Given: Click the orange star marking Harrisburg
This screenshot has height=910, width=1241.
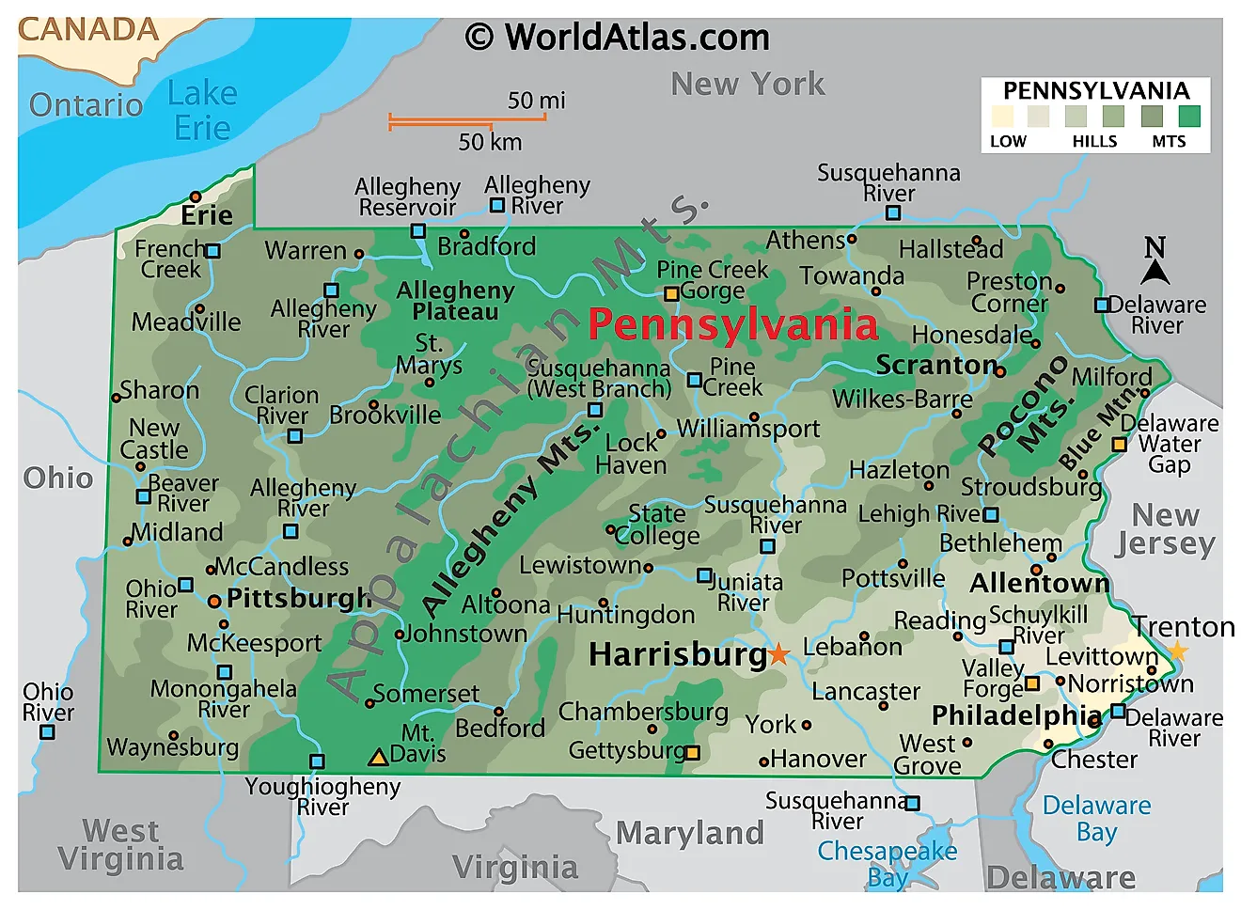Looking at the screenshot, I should click(x=778, y=654).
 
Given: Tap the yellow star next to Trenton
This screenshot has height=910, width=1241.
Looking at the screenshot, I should click(x=1177, y=651).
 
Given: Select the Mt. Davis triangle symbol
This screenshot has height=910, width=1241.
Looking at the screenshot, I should click(x=378, y=757).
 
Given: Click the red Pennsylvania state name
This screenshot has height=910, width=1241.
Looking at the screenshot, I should click(x=732, y=324).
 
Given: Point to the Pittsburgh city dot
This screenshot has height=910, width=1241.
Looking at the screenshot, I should click(x=214, y=601).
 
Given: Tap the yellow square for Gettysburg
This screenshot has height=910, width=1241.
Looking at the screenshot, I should click(x=693, y=752).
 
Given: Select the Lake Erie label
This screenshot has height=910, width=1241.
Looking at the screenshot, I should click(x=202, y=110).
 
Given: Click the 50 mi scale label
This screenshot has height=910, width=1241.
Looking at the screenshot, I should click(x=536, y=101).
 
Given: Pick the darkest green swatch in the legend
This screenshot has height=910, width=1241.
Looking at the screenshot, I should click(x=1189, y=117).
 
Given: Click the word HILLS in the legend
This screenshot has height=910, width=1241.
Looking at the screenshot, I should click(x=1094, y=142).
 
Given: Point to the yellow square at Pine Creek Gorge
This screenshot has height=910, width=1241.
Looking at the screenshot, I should click(x=671, y=294).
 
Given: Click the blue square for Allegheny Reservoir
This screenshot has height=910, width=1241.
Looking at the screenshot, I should click(x=418, y=230).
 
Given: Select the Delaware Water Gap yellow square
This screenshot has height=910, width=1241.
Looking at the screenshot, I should click(x=1120, y=445).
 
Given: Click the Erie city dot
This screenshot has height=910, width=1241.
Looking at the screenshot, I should click(x=196, y=196).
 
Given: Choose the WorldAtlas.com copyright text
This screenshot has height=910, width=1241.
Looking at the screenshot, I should click(x=618, y=38).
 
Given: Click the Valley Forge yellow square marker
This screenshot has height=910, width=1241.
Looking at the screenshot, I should click(x=1032, y=683).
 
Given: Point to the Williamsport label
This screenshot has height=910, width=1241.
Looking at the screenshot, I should click(x=748, y=430).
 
